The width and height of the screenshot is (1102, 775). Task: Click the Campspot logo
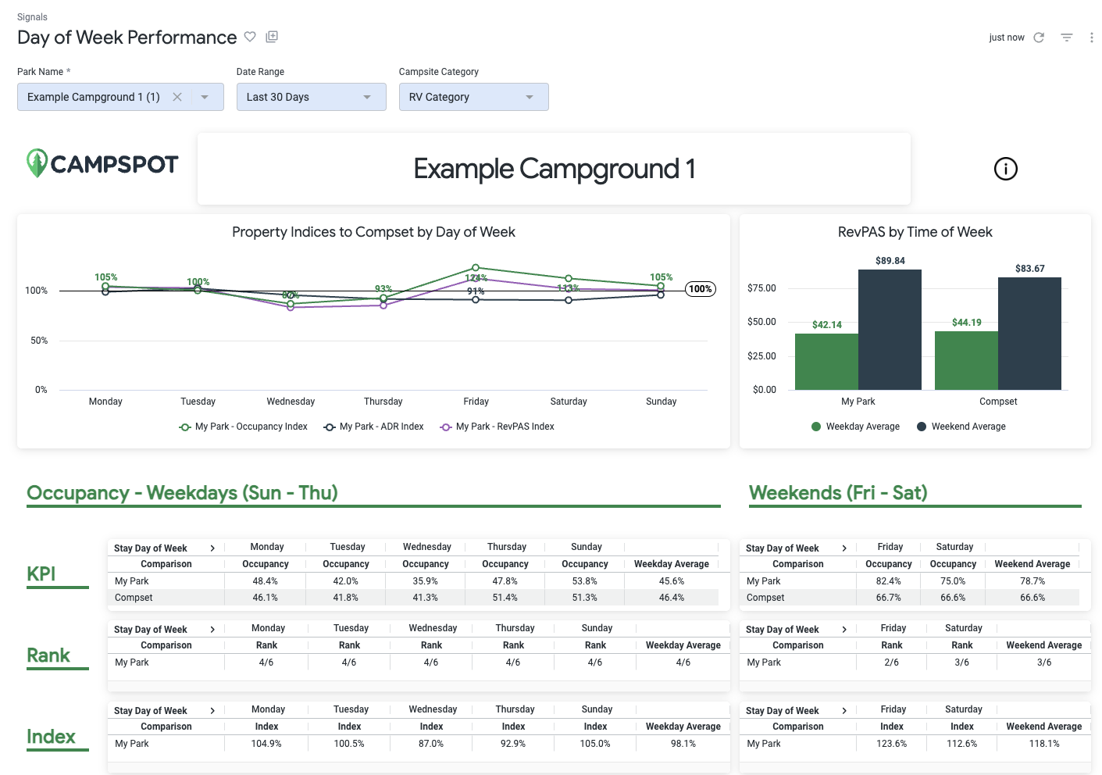pyautogui.click(x=102, y=163)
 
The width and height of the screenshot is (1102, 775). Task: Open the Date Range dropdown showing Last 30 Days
pyautogui.click(x=311, y=97)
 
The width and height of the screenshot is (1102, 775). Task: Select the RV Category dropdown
pyautogui.click(x=473, y=97)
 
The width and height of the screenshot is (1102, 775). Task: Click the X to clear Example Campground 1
pyautogui.click(x=177, y=97)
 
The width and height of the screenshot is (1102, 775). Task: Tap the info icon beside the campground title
pyautogui.click(x=1005, y=169)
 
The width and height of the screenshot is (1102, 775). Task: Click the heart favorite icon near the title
pyautogui.click(x=250, y=37)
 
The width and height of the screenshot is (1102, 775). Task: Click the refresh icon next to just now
pyautogui.click(x=1039, y=37)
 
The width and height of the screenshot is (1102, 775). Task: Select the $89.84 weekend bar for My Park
pyautogui.click(x=890, y=330)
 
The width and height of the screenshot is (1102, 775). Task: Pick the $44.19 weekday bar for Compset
pyautogui.click(x=966, y=360)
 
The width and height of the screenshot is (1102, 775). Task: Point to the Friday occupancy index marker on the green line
pyautogui.click(x=476, y=268)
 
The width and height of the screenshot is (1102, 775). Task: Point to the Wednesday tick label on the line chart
pyautogui.click(x=291, y=402)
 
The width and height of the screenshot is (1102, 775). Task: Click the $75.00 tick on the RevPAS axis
pyautogui.click(x=761, y=288)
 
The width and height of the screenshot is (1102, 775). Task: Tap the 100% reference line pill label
pyautogui.click(x=700, y=289)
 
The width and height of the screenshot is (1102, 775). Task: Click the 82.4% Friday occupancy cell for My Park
pyautogui.click(x=888, y=581)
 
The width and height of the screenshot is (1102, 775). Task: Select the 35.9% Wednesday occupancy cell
pyautogui.click(x=425, y=581)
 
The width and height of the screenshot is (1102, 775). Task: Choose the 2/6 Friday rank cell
pyautogui.click(x=891, y=662)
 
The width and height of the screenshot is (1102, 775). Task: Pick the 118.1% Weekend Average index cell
pyautogui.click(x=1043, y=744)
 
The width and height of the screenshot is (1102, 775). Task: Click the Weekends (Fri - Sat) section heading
pyautogui.click(x=838, y=493)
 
